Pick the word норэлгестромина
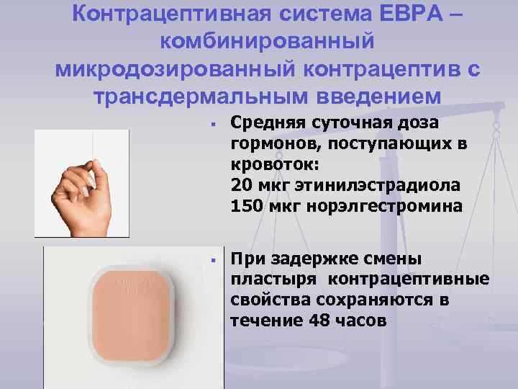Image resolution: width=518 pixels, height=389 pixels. [385, 205]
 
